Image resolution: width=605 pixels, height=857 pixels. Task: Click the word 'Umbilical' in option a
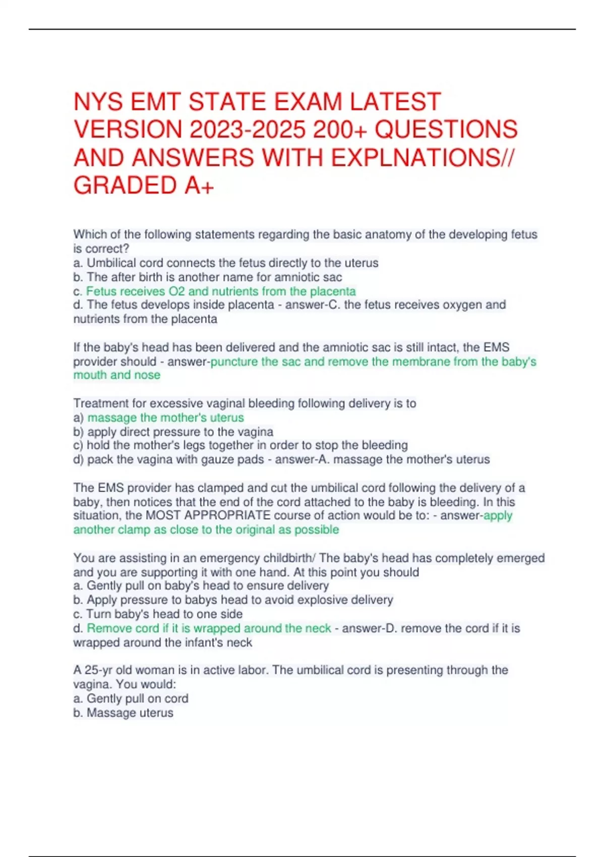pyautogui.click(x=111, y=263)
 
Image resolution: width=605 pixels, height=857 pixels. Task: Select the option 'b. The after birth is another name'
pyautogui.click(x=207, y=277)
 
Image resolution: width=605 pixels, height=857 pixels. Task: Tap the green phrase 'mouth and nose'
pyautogui.click(x=117, y=375)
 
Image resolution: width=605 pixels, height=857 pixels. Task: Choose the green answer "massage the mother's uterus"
pyautogui.click(x=165, y=417)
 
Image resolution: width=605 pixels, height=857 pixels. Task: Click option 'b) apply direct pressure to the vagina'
pyautogui.click(x=173, y=432)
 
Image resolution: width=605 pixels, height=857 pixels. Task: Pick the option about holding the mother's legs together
pyautogui.click(x=240, y=446)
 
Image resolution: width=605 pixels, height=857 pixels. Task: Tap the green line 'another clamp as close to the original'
pyautogui.click(x=206, y=530)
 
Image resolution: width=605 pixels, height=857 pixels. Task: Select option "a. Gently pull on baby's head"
pyautogui.click(x=201, y=586)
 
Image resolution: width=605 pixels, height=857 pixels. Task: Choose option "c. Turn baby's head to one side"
pyautogui.click(x=158, y=614)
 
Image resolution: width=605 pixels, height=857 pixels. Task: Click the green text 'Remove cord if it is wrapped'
pyautogui.click(x=209, y=628)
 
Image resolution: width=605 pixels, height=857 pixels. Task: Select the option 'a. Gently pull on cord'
pyautogui.click(x=131, y=699)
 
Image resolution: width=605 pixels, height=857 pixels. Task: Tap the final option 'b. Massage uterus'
pyautogui.click(x=123, y=713)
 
